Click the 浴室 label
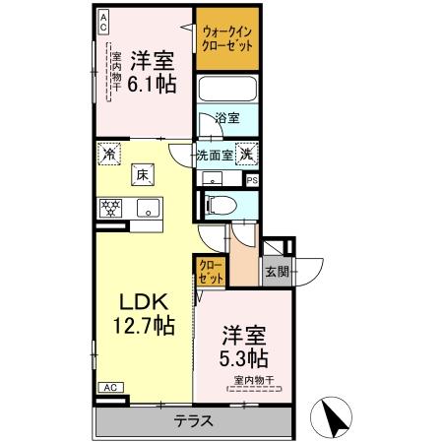coord(227,118)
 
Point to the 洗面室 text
coord(214,154)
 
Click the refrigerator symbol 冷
coord(109,154)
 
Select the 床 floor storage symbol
coord(143,174)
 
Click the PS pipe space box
coord(252,180)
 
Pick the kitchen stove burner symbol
coord(109,207)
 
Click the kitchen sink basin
coord(149,207)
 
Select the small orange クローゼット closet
coord(210,270)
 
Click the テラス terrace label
coord(193,421)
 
